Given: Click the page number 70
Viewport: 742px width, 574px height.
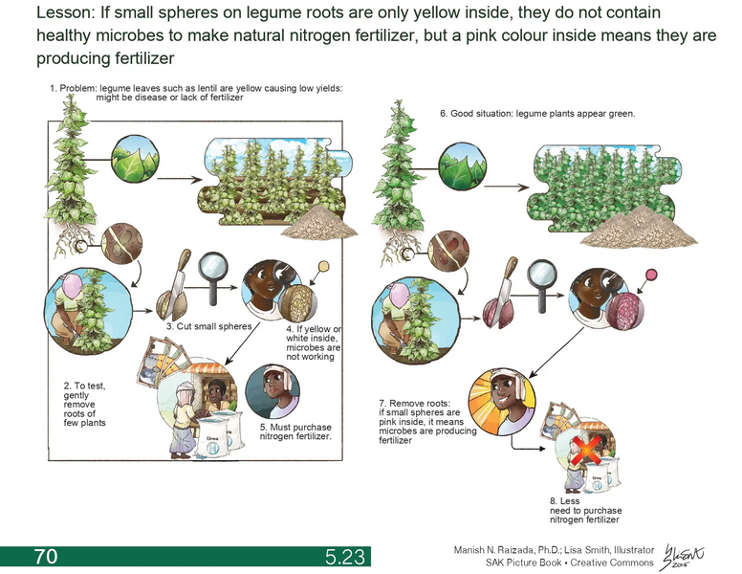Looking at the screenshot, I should [x=45, y=556].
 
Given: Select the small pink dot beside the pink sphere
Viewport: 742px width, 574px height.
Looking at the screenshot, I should [x=654, y=276].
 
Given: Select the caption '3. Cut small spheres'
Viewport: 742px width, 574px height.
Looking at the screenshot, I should [x=207, y=327].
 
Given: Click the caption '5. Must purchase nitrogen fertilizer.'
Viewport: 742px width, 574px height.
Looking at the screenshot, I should [x=295, y=430].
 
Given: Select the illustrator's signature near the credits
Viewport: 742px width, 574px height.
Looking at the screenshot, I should [x=686, y=555].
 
